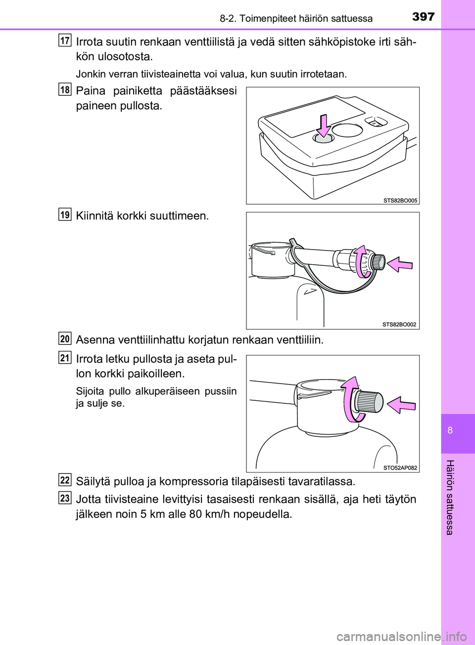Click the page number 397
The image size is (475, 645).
pos(423,17)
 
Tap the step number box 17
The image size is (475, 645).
pos(65,40)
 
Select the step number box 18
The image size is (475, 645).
pos(65,89)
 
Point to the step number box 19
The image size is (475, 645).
pos(65,215)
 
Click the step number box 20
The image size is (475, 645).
pos(65,339)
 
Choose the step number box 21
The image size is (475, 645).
pos(65,357)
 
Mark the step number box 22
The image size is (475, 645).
pos(65,480)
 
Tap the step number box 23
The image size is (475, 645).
pos(65,498)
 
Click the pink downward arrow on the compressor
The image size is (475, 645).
pos(324,126)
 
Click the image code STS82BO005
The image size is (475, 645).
pos(400,200)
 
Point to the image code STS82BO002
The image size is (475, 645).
pos(399,325)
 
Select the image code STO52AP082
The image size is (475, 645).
pos(400,468)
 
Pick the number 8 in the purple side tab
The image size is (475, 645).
pos(450,430)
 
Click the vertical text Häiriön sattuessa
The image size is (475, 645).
pos(449,497)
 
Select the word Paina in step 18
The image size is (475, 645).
pos(91,91)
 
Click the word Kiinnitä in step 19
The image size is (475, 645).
pos(95,216)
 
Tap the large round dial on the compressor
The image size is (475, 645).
pos(347,130)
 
